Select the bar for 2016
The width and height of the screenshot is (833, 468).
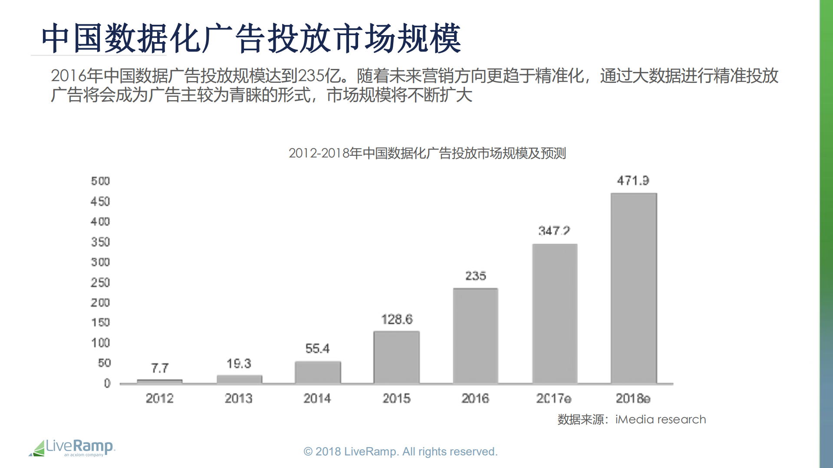(475, 336)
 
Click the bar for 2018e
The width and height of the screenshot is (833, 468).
(633, 288)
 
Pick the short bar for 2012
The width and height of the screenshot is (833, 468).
(159, 381)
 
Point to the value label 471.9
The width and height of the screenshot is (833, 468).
(633, 180)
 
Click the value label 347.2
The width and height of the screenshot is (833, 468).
(554, 231)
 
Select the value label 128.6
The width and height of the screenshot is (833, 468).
(397, 320)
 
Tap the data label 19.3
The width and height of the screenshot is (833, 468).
(239, 363)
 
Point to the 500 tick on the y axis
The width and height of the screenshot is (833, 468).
(100, 181)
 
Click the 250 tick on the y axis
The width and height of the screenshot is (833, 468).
(100, 282)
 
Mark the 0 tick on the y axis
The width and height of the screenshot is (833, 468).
(107, 383)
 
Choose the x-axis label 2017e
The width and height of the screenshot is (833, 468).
(553, 398)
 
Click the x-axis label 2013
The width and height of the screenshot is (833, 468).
(238, 398)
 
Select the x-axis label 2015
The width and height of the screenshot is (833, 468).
(396, 398)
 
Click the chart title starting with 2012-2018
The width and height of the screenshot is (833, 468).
(427, 153)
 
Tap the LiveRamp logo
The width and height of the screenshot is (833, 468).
(72, 448)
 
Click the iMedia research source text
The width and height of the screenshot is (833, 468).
(660, 419)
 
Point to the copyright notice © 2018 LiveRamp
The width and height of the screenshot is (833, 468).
(400, 452)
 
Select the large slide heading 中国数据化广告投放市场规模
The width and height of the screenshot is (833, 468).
(251, 39)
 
